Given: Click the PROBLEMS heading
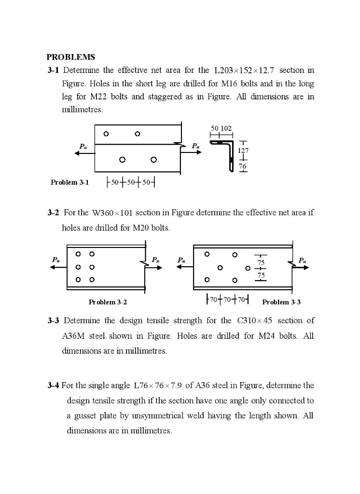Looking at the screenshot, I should tap(71, 57).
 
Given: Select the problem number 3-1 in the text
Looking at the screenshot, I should tap(53, 70).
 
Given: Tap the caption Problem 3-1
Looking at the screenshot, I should tap(70, 182).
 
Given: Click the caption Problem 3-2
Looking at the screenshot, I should tap(108, 302).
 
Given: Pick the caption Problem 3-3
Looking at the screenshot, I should tap(281, 302).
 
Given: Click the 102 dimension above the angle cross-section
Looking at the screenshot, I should tap(227, 128).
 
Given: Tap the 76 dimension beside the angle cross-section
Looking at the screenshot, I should tap(243, 166).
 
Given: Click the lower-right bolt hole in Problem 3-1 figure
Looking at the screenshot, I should tap(153, 159).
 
